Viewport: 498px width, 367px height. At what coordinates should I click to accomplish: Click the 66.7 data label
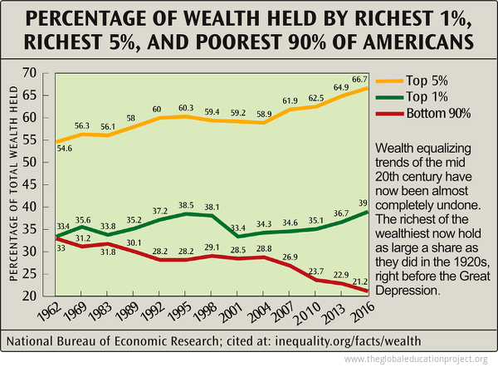point(359,78)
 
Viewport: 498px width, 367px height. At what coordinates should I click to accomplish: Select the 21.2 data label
point(359,281)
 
